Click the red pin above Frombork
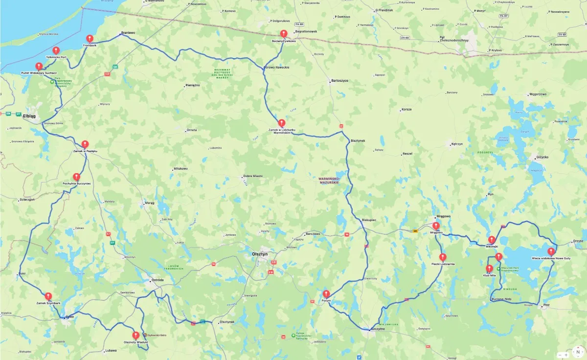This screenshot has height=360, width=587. [x=90, y=39]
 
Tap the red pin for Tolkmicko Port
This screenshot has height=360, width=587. [x=56, y=50]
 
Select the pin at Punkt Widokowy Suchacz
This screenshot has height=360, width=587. [x=39, y=66]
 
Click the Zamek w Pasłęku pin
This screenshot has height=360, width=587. [x=85, y=144]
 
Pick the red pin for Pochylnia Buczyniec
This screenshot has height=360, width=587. [x=77, y=177]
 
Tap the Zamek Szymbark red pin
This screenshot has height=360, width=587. [x=48, y=296]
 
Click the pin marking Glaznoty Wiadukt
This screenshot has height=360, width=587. [x=135, y=336]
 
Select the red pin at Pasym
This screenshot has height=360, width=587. [x=326, y=293]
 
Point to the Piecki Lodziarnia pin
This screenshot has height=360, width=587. [x=443, y=257]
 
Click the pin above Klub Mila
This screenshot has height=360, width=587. [x=489, y=269]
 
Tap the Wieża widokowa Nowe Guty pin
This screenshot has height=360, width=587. [x=551, y=251]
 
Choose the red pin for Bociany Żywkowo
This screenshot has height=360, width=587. [x=283, y=33]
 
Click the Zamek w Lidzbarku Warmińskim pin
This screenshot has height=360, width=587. [x=281, y=123]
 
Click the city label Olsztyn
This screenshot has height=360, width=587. [x=259, y=254]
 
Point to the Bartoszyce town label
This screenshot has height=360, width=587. [x=339, y=80]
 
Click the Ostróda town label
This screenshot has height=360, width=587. [x=158, y=280]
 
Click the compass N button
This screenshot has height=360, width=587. [x=578, y=352]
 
